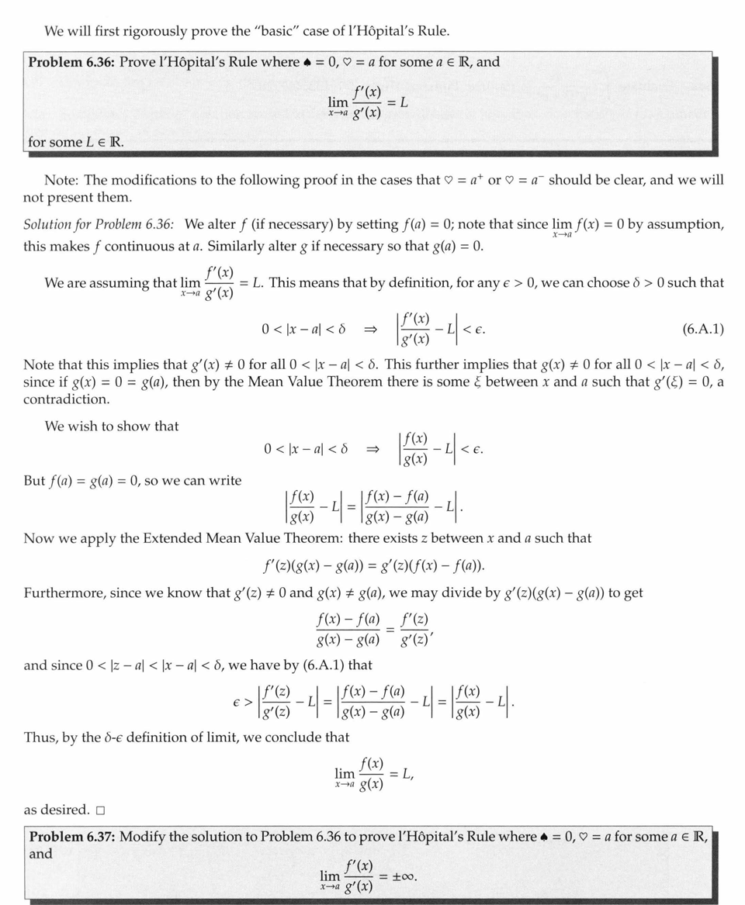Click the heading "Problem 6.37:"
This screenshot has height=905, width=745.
coord(73,836)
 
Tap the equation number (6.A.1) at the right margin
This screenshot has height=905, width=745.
coord(703,330)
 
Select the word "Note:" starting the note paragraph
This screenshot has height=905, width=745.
coord(61,180)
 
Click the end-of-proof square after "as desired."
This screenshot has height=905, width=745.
coord(100,810)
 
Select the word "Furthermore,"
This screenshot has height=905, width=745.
coord(60,593)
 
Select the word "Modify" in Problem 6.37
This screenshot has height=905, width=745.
coord(142,836)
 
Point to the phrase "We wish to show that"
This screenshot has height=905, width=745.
coord(111,426)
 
